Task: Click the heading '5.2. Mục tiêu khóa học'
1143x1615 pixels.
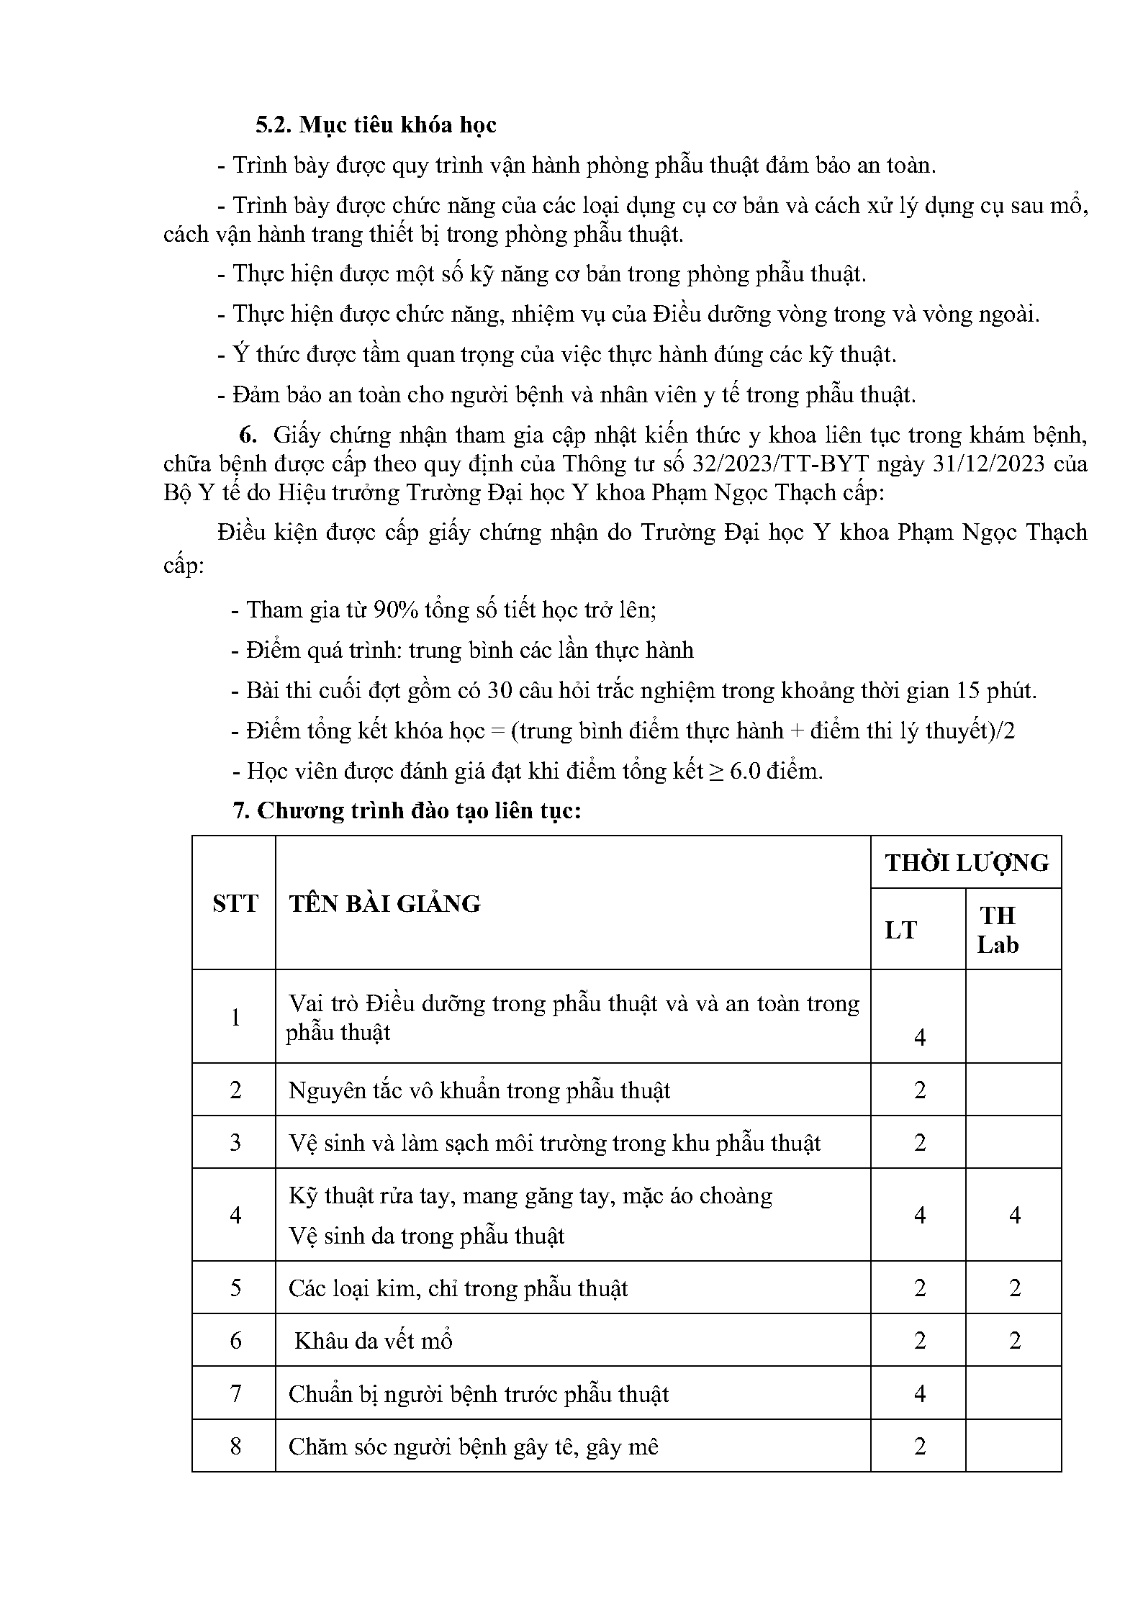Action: [376, 125]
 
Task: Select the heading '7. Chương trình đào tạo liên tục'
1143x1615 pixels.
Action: [407, 811]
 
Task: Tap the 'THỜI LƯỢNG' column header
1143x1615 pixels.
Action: [966, 863]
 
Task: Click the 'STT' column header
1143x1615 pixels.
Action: [235, 903]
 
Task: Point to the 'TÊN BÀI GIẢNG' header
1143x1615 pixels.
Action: [384, 904]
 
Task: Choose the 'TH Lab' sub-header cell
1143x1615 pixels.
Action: [998, 930]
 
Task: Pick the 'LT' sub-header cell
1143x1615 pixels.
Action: [900, 930]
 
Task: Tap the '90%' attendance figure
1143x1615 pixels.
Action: [395, 610]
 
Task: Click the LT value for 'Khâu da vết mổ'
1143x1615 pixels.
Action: [919, 1341]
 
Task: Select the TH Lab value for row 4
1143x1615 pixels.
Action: [1014, 1216]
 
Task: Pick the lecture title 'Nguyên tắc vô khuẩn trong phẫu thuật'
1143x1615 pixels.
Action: [479, 1091]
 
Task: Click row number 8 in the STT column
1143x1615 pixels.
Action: [235, 1447]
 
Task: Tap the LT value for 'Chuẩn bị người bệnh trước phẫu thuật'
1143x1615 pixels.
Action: [919, 1394]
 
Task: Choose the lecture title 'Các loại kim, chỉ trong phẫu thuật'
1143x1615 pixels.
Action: [458, 1288]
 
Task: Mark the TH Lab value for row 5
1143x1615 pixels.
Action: [1014, 1288]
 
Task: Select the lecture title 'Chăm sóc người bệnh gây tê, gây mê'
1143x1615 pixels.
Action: [474, 1447]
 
